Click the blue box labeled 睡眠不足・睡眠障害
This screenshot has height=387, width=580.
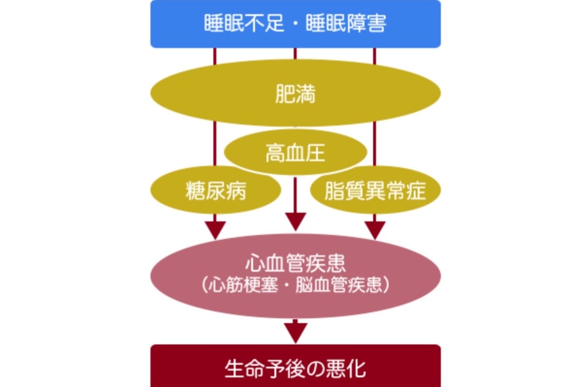pyautogui.click(x=295, y=24)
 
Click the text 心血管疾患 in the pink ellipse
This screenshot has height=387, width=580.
pyautogui.click(x=295, y=265)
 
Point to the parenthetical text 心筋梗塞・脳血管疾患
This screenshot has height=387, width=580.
pyautogui.click(x=295, y=285)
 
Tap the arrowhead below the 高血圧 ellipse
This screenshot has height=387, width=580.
pyautogui.click(x=295, y=221)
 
